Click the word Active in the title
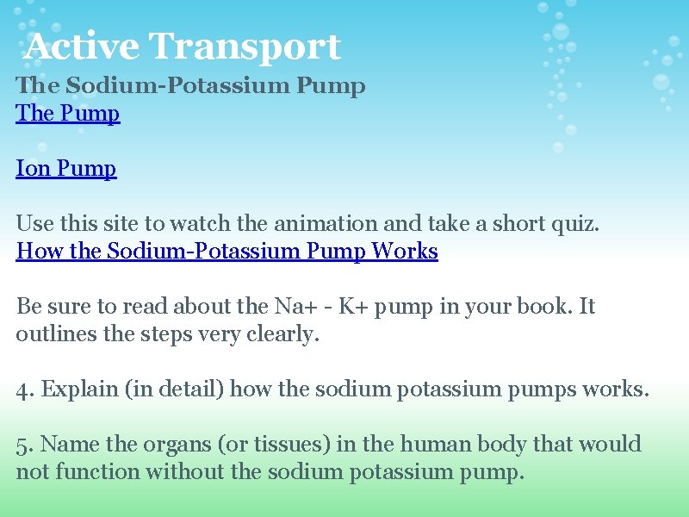click(82, 47)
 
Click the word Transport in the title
click(245, 47)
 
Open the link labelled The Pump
click(68, 114)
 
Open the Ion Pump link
click(66, 169)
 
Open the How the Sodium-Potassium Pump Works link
click(227, 252)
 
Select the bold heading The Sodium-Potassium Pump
click(190, 86)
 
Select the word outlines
click(54, 334)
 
